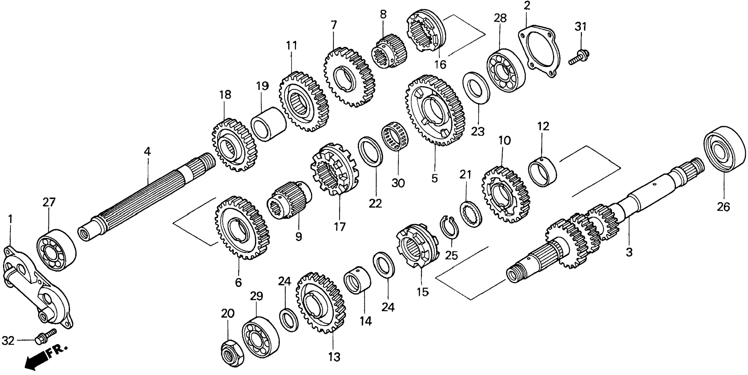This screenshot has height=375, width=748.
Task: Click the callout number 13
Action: point(334,357)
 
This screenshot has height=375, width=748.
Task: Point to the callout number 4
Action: point(148,152)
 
